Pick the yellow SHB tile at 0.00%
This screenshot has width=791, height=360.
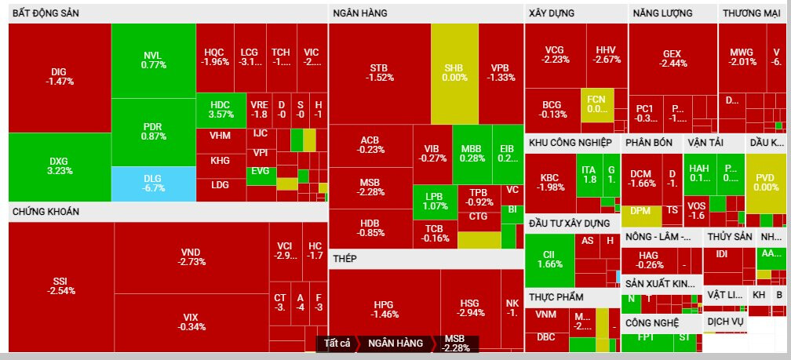[454, 72]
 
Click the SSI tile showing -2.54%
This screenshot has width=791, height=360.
[60, 285]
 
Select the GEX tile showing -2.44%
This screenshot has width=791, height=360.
[673, 58]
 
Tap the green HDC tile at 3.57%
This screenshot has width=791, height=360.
[221, 109]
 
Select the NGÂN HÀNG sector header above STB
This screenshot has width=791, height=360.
[359, 13]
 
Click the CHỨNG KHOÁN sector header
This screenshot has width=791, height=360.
[46, 212]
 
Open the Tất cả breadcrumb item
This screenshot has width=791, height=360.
[336, 344]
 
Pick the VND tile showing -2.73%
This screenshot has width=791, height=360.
[191, 256]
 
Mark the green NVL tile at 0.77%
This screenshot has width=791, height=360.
[154, 60]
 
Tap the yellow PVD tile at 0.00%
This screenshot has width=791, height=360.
[765, 182]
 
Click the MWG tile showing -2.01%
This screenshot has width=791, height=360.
[742, 57]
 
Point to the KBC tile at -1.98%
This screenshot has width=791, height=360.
[549, 182]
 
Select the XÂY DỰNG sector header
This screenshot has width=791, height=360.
[552, 13]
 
